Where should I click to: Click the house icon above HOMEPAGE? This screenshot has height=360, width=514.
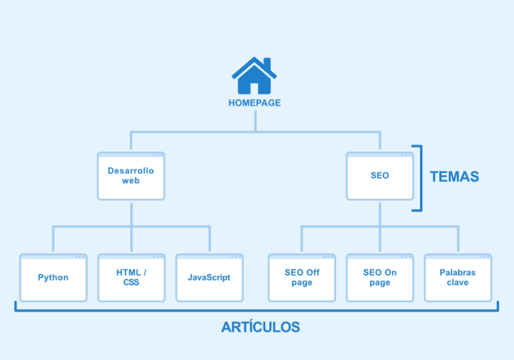[x=254, y=76]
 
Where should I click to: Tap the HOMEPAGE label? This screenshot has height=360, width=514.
[x=254, y=103]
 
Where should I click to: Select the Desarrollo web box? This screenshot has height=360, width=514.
[x=131, y=176]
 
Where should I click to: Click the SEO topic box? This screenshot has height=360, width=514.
[x=380, y=176]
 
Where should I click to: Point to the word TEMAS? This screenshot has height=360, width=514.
[x=454, y=177]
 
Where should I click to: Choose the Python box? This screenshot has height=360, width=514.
[x=54, y=277]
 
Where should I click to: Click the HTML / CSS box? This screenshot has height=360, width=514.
[x=131, y=277]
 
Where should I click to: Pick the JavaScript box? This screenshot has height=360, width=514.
[x=209, y=277]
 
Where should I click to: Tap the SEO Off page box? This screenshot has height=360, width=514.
[x=302, y=277]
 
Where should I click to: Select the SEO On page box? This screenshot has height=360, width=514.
[x=380, y=277]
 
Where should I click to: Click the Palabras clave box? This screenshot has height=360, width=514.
[x=458, y=277]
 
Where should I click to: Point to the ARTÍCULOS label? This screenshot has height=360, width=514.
[x=261, y=327]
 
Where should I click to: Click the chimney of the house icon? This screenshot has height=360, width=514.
[x=267, y=64]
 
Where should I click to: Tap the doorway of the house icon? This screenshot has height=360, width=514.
[x=254, y=89]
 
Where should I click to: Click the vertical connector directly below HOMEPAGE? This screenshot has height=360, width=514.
[x=256, y=121]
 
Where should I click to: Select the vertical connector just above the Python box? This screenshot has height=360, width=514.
[x=53, y=239]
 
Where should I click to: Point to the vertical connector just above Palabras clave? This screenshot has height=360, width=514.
[x=458, y=239]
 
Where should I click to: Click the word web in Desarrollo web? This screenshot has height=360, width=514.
[x=131, y=181]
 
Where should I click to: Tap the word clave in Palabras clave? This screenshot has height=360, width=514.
[x=458, y=283]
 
